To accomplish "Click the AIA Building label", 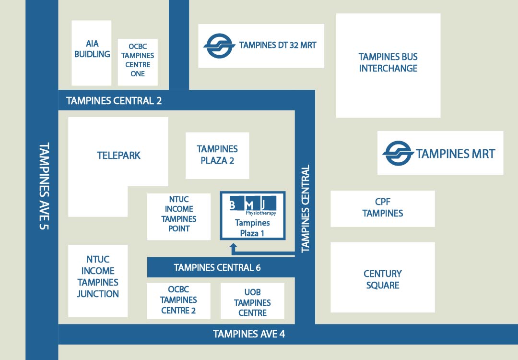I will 92,49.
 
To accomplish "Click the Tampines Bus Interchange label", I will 388,62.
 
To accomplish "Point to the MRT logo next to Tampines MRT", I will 398,154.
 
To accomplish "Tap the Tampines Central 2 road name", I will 114,101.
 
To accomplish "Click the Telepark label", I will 118,156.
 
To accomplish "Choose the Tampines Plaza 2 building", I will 217,155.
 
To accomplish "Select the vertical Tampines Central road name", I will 305,209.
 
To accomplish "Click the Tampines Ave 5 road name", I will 44,186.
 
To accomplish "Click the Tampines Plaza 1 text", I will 252,228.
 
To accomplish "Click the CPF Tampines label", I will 382,208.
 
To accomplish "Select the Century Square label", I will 382,279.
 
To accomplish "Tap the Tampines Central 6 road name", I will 217,267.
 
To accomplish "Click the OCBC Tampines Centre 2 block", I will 178,300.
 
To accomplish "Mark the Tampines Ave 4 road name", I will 249,334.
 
